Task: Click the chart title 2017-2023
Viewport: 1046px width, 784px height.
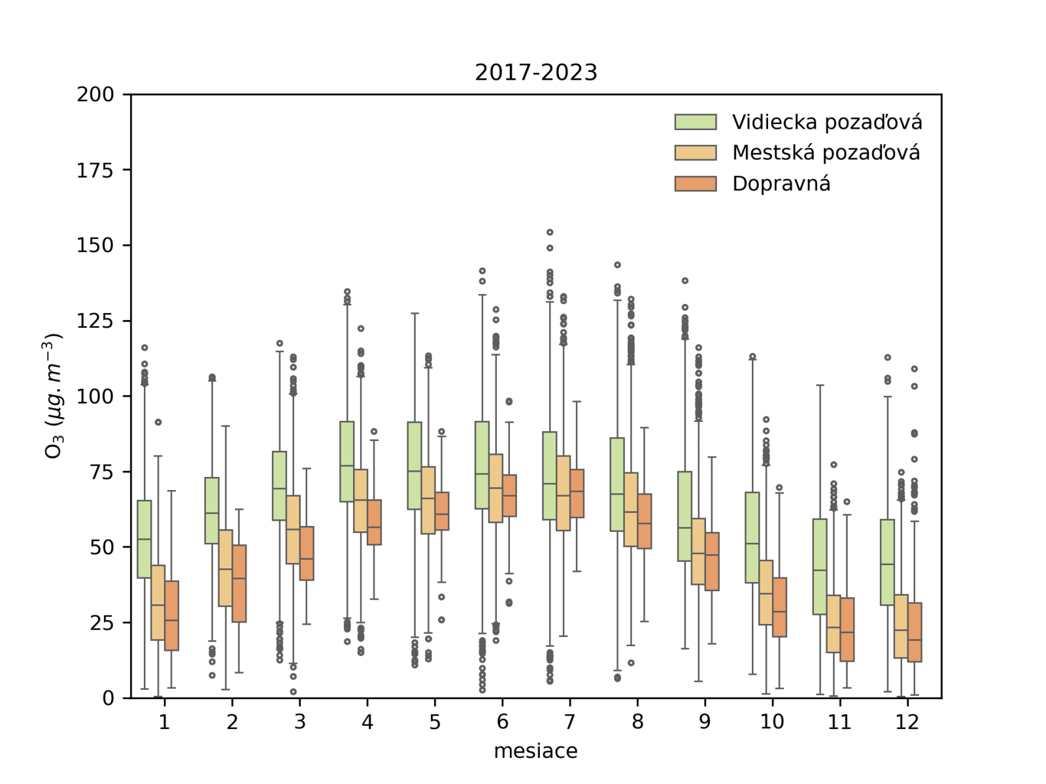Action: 536,73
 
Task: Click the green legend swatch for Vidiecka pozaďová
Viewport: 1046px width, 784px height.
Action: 695,122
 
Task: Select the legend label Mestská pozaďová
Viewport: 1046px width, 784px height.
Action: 826,153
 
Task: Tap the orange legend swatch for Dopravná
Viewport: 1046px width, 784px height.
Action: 695,184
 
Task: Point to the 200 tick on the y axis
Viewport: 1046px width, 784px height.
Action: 95,95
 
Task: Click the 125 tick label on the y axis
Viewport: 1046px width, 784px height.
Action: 95,321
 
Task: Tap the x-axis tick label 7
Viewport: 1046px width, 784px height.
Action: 570,722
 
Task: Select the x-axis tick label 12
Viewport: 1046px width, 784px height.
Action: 907,722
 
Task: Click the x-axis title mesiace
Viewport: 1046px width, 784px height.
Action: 535,751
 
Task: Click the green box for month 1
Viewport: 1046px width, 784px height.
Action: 144,539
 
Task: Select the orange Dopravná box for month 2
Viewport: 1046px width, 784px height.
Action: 239,583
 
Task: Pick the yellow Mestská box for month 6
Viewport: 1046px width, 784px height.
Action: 496,488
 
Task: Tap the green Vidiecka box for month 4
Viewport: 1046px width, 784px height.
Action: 347,461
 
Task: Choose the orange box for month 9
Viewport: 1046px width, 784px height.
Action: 712,561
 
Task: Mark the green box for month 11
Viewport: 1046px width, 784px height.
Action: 820,566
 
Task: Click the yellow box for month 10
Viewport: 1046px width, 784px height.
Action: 766,593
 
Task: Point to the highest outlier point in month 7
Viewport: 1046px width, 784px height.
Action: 550,232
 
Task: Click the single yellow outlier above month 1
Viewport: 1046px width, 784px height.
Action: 158,422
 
